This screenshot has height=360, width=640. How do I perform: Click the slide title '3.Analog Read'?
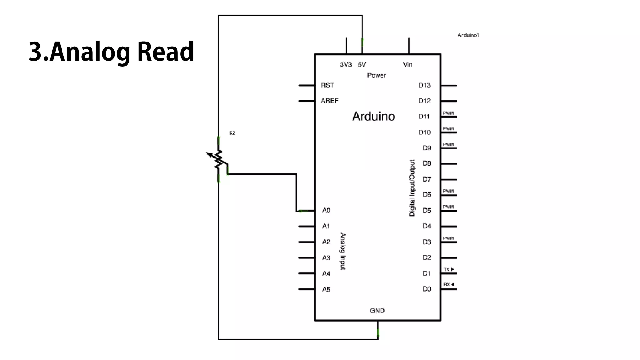coord(111,52)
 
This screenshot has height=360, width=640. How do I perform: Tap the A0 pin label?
coord(326,211)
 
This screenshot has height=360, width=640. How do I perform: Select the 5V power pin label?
coord(362,65)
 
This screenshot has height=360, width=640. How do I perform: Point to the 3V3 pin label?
coord(346,65)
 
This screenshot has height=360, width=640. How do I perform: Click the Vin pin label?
coord(408,65)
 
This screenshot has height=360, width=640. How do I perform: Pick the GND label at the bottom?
coord(377,311)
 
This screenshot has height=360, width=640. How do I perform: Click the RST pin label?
coord(327,85)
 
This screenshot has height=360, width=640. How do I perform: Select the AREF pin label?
coord(330,101)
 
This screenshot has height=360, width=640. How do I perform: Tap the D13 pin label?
coord(424,85)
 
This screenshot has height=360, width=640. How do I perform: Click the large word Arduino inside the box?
coord(373,116)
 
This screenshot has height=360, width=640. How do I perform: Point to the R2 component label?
coord(232,133)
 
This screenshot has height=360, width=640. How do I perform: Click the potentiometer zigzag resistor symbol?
coord(219,159)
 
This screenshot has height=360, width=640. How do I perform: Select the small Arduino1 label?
coord(468,35)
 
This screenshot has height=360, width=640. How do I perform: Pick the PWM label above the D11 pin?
coord(448,113)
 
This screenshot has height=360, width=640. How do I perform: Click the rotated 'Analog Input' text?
coord(343,251)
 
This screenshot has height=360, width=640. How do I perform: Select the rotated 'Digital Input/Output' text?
coord(412,188)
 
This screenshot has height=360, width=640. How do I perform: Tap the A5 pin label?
coord(326,290)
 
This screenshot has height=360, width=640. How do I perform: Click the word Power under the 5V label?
coord(377,75)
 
